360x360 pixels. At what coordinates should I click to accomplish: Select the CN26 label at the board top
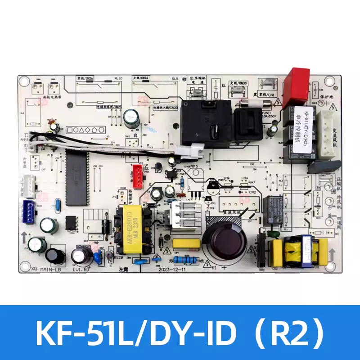[x=88, y=79]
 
